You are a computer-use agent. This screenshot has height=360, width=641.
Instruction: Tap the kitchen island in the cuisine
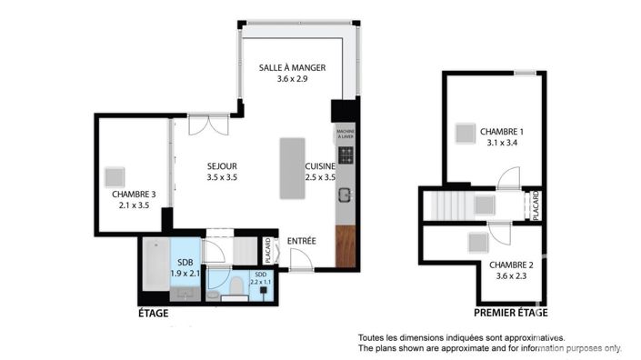pos(292,169)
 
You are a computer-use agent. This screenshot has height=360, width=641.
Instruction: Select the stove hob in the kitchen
pos(346,155)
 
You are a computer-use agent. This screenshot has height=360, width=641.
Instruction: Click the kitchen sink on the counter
pos(346,194)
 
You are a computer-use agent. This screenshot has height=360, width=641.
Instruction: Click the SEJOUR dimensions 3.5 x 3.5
pos(222,177)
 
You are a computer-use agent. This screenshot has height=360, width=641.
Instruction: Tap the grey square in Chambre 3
pos(115,175)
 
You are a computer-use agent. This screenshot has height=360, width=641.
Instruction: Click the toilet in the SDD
pos(235,287)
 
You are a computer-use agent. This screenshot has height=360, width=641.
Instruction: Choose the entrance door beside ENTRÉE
pos(300,261)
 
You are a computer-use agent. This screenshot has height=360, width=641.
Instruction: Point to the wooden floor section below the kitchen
pos(346,245)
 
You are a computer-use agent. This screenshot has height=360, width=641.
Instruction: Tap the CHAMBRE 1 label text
pos(502,132)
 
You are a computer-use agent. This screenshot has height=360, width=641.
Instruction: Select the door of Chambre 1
pos(508,178)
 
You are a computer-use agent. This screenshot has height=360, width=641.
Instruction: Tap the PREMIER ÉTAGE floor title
pos(510,313)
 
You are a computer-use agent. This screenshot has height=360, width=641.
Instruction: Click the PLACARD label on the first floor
pos(536,205)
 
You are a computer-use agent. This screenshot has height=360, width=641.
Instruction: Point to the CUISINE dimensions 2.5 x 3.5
pos(320,177)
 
